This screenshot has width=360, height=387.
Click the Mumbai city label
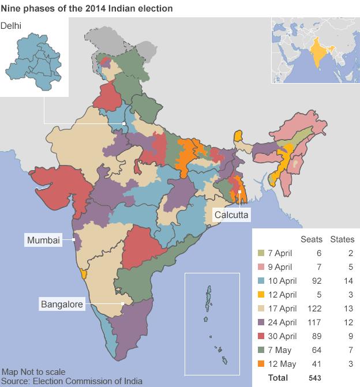43,240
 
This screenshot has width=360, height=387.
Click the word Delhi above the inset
12,25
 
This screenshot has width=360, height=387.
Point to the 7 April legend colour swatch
261,253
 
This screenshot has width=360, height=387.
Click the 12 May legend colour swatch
261,364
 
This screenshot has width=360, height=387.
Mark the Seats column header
312,239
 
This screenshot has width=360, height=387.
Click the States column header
342,239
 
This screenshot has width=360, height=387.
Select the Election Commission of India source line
72,381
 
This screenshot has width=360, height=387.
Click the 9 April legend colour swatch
261,267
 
